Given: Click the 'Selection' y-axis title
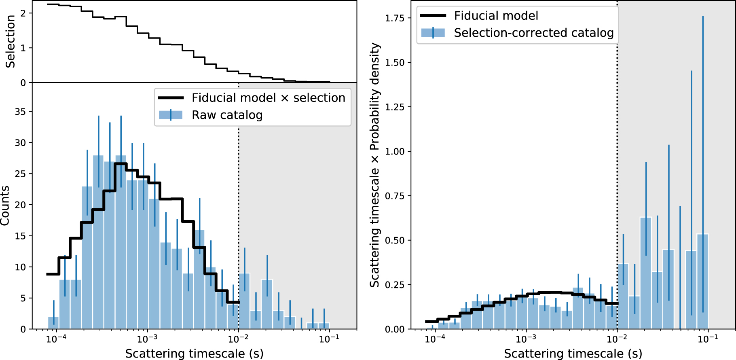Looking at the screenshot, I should tap(10, 41).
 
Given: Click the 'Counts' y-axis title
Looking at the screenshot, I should tap(5, 205).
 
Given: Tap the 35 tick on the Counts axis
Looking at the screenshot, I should tap(20, 112).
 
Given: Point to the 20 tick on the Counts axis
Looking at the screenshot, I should tap(20, 205).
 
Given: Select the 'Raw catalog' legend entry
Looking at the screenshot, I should tap(227, 115).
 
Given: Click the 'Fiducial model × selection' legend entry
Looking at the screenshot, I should tap(268, 98).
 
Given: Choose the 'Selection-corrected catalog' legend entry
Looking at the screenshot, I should tap(533, 33).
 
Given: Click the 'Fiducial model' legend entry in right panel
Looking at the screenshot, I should tap(496, 16).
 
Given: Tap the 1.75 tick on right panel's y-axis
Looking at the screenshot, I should tap(395, 18).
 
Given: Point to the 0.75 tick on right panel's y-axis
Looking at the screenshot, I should tap(395, 196).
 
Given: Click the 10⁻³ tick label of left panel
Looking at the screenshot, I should tap(147, 339).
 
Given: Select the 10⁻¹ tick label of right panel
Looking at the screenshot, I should tap(708, 339).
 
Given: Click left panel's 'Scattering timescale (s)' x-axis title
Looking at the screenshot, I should tap(194, 353).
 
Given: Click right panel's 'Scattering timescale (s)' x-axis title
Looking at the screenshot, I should tap(573, 353).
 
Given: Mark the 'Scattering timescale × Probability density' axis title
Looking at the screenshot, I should tap(375, 165).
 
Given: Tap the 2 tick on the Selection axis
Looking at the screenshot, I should tap(23, 13).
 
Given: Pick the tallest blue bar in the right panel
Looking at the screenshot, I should tap(646, 273).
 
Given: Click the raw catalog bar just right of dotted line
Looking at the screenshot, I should tap(244, 301).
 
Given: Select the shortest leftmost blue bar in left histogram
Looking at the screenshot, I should tap(53, 323).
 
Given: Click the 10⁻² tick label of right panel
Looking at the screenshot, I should tap(617, 339).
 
